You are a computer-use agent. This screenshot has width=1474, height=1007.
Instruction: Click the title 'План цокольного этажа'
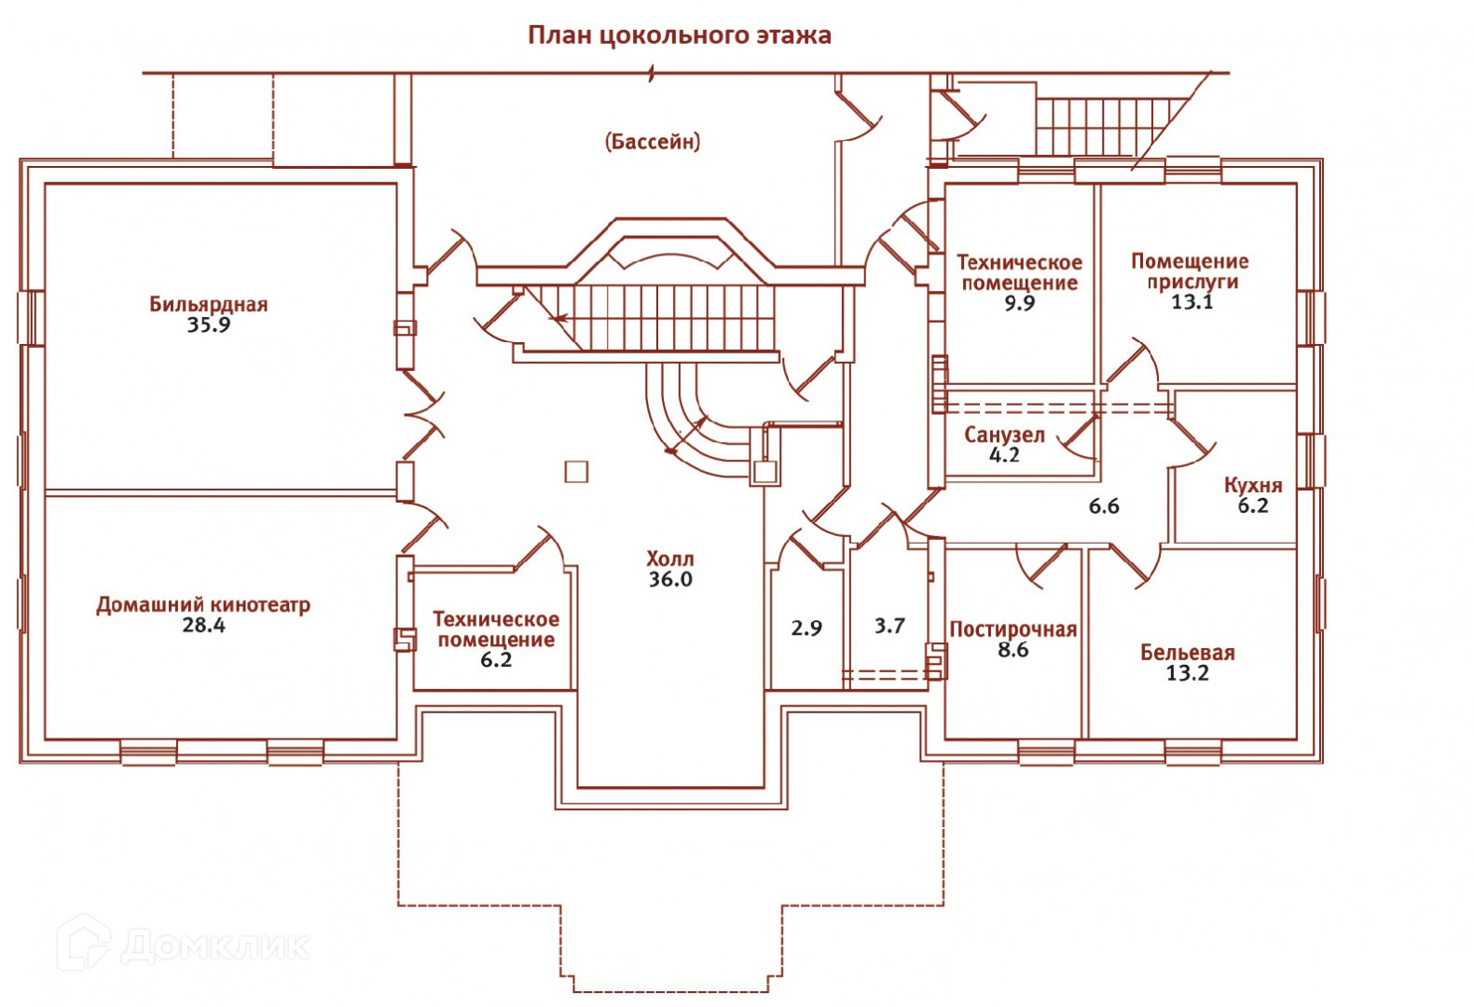[679, 35]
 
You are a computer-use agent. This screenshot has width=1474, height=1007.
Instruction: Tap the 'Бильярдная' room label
[208, 304]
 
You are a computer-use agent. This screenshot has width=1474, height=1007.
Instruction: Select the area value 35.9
[208, 325]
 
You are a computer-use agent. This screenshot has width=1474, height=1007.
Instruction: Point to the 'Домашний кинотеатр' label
[203, 604]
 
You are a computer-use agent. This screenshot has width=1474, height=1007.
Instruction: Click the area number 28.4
[203, 626]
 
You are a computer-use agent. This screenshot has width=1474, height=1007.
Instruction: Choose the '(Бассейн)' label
[653, 142]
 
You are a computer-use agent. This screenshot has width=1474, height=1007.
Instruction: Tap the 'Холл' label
[670, 559]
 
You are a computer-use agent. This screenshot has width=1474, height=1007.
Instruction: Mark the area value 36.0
[670, 580]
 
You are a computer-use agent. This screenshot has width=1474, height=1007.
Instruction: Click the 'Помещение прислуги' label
[1191, 271]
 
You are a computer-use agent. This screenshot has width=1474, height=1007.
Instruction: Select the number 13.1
[1192, 302]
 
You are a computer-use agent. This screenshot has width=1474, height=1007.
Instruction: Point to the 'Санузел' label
[1004, 435]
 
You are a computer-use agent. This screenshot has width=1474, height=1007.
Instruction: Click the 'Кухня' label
[1253, 485]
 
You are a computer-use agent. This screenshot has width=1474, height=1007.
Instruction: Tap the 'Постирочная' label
[1013, 629]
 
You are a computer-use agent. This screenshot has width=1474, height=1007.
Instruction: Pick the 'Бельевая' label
[1187, 653]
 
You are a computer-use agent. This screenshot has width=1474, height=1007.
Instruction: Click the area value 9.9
[1019, 304]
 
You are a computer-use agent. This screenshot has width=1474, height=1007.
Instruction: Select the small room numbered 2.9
[806, 628]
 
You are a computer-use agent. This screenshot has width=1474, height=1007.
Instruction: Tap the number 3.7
[889, 626]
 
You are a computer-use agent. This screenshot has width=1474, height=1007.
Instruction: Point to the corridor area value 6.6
[1104, 506]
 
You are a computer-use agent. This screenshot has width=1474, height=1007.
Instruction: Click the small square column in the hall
[576, 471]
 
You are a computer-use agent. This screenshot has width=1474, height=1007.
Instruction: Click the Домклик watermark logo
[183, 945]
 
